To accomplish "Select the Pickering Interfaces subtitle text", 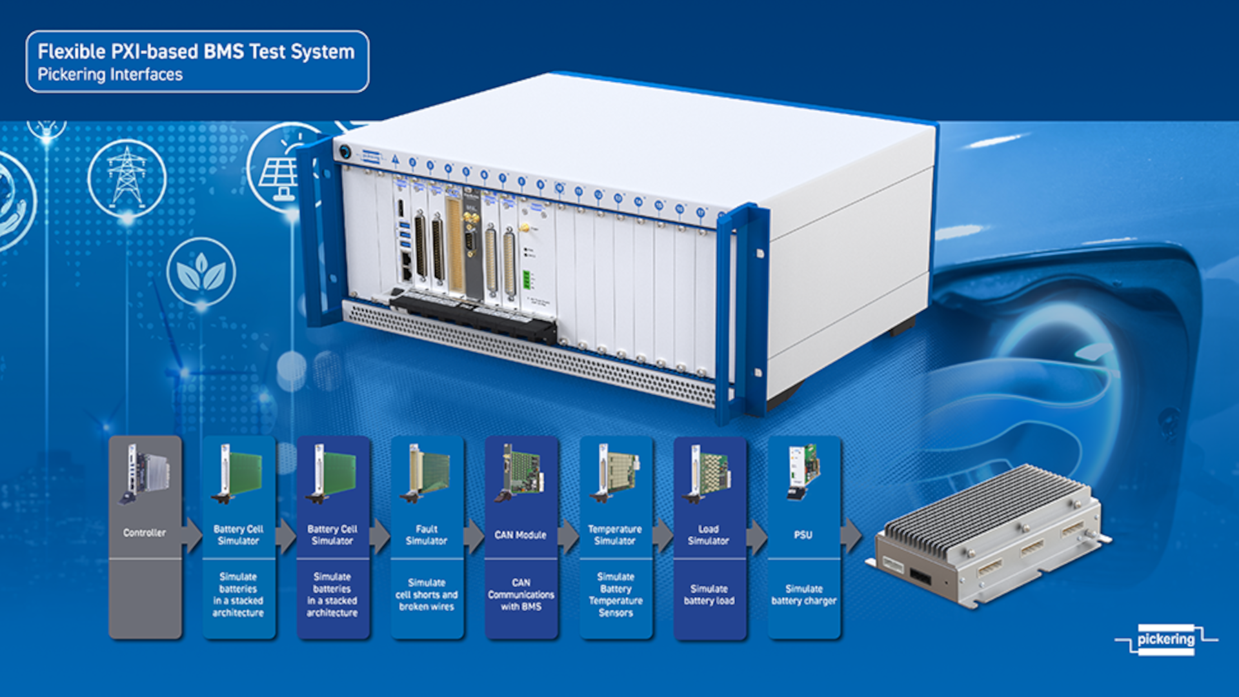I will point(110,75).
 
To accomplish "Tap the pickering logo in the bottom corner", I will point(1165,640).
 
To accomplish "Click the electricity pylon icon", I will point(127,177).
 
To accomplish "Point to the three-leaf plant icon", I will point(201,272).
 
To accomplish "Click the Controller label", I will point(145,533).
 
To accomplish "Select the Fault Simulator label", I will point(427,535).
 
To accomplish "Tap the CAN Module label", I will point(520,535).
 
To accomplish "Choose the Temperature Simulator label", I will point(615,535).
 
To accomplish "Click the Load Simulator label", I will point(709,535).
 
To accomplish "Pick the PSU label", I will point(803,535).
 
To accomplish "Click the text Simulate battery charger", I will point(804,595).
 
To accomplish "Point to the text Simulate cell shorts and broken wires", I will point(427,595).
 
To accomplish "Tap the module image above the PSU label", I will point(804,471).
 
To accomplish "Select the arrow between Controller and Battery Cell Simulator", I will point(192,535).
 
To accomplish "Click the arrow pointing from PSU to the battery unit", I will point(851,535).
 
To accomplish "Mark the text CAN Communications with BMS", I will point(521,595).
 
